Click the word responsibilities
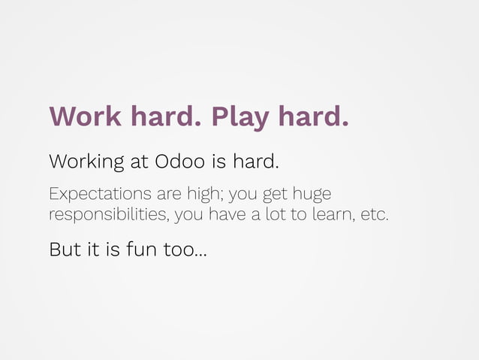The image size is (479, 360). pos(109,216)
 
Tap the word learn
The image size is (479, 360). pos(334,216)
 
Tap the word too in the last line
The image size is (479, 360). pos(180,249)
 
